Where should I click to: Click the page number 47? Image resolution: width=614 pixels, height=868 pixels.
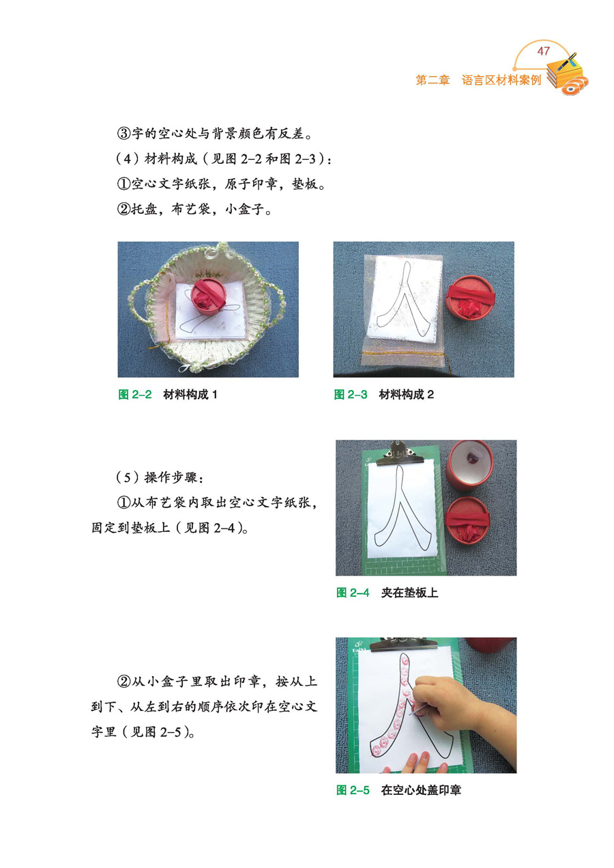(544, 51)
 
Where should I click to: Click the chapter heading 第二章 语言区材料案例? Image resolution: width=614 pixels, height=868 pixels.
(478, 80)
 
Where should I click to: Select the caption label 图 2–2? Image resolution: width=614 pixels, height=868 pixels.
(134, 395)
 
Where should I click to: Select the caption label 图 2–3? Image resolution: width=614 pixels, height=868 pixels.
(351, 395)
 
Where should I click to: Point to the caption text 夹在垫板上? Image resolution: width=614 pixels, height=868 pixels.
(409, 593)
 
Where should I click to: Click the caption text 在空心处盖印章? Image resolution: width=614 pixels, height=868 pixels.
(421, 790)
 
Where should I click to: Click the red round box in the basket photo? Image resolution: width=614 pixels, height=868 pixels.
(208, 295)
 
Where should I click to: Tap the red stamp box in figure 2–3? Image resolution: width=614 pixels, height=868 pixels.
(469, 296)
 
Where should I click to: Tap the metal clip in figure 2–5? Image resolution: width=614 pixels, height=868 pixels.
(404, 644)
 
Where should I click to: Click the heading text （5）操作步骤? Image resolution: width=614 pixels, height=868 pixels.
(159, 477)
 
